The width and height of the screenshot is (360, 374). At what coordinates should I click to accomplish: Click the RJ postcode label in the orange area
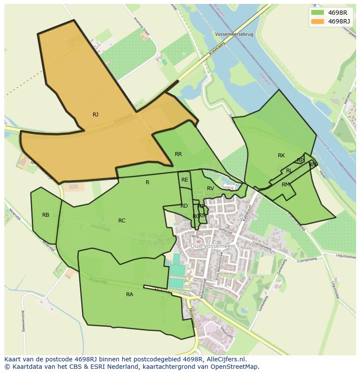click(95, 115)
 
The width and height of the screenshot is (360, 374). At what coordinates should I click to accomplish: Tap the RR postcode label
click(178, 154)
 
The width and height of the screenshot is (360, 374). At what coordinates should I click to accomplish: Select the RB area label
click(46, 215)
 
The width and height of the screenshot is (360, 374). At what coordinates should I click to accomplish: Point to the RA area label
click(130, 295)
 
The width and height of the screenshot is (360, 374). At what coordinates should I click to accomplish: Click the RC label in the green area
click(122, 221)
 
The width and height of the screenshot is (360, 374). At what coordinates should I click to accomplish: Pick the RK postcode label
click(281, 156)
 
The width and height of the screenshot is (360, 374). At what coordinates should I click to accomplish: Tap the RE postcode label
click(185, 180)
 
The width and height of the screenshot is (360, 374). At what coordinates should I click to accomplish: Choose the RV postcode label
click(210, 189)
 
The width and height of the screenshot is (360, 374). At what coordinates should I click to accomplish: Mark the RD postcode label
click(184, 206)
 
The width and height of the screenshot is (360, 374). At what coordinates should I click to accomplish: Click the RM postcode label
click(285, 185)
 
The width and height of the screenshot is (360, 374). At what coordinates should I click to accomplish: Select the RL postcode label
click(289, 171)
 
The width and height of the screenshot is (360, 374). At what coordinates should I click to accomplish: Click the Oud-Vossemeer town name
click(212, 246)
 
